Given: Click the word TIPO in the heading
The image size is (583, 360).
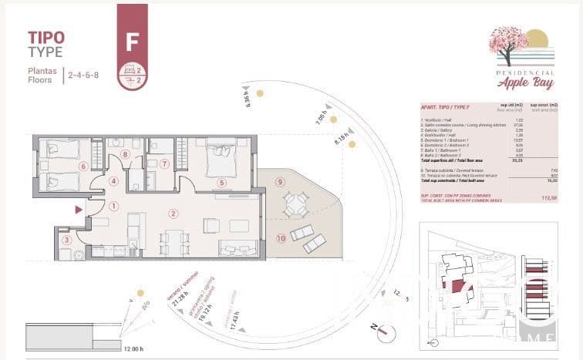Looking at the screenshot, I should [x=46, y=36].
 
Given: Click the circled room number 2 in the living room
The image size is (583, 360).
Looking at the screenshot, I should [x=174, y=214].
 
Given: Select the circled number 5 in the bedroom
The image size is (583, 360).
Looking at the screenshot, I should [x=222, y=183].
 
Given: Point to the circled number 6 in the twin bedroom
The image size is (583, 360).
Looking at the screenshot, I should [x=83, y=166].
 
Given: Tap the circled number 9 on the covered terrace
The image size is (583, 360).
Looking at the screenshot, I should [x=280, y=182].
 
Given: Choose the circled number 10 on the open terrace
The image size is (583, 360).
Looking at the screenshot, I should [x=281, y=239].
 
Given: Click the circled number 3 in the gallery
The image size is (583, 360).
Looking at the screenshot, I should [x=67, y=241].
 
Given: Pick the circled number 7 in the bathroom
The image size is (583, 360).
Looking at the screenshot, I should [x=164, y=164].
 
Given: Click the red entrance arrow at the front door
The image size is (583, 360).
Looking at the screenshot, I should [x=77, y=209].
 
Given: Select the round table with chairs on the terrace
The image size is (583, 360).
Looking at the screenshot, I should [x=295, y=204].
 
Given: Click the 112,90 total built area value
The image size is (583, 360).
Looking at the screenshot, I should [x=548, y=198].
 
